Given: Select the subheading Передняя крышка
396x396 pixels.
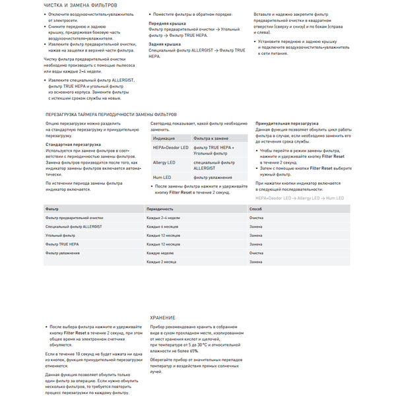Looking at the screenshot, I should (x=166, y=22).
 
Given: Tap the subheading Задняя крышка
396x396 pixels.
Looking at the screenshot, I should (x=164, y=44).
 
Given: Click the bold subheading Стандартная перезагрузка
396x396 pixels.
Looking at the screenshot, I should (x=73, y=144).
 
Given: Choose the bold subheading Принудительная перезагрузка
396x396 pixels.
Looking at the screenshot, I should (x=286, y=123).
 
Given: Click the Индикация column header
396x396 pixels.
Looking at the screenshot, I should (x=164, y=139).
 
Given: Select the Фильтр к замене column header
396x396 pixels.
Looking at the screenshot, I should (x=211, y=139).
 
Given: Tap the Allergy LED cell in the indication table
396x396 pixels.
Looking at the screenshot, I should (x=164, y=162).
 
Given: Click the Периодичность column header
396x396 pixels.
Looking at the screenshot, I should (x=159, y=209).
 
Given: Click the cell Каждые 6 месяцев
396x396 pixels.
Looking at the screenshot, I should (x=164, y=226).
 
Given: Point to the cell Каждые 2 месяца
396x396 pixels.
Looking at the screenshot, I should (x=162, y=262).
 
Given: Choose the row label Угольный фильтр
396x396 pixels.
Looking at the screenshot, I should (x=59, y=236).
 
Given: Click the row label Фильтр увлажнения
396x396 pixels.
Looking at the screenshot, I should (x=63, y=253).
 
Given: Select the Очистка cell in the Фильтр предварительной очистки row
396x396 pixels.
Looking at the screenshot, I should (x=256, y=218).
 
